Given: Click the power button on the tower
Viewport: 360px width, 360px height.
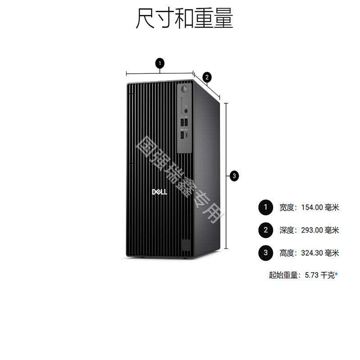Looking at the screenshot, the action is coord(184,89).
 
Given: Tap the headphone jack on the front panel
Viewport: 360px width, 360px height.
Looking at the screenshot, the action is coord(186,111).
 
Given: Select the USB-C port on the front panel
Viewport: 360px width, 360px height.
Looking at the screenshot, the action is coord(186,135).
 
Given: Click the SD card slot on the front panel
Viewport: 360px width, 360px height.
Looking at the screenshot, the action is coord(182,105).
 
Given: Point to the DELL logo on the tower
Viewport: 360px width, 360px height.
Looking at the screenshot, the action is coord(160,192).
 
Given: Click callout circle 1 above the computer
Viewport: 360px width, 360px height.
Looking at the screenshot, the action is coord(160,63).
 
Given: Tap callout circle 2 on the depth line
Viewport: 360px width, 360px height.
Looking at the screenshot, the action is coord(207,77).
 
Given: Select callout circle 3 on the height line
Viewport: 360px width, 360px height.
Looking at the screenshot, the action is coord(234,176).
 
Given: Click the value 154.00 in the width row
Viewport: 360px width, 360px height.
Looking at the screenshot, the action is coord(312,207).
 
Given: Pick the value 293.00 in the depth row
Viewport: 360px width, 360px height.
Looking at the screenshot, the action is coord(312,230).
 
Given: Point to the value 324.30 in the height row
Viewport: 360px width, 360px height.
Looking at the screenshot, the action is coord(312,253).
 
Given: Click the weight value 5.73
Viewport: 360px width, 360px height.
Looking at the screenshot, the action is coord(311,275).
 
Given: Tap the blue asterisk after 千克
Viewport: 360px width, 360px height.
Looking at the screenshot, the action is coord(336,274).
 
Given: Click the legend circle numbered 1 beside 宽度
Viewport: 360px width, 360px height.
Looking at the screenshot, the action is coord(265,207).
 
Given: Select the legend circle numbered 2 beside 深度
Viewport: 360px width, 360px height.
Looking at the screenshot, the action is coord(265,230).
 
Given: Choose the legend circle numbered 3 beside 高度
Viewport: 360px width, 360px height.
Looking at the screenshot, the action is coord(265,253).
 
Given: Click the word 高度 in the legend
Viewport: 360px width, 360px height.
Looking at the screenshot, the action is coord(287,253).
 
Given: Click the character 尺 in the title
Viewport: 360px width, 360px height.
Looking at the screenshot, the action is coord(145,18).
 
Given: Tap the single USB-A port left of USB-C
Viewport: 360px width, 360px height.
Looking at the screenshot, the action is coord(182,135).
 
